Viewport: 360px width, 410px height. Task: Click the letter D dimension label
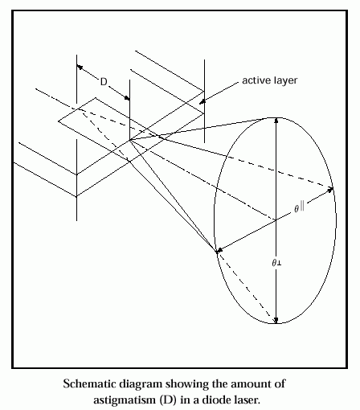(104, 81)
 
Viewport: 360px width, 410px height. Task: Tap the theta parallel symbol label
(299, 207)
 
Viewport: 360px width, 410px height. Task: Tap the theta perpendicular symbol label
(276, 263)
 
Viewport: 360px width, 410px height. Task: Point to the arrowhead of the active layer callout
(202, 102)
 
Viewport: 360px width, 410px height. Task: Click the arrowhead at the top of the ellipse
(276, 121)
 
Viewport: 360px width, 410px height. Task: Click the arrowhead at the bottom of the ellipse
(276, 321)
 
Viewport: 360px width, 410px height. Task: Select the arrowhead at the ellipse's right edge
(330, 190)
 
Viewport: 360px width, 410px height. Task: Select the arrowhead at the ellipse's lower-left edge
(219, 251)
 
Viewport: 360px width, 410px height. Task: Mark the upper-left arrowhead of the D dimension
(80, 67)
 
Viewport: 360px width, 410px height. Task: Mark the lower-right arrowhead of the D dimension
(127, 98)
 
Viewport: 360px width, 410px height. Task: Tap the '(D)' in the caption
(168, 400)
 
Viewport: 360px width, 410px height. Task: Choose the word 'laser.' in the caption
(247, 400)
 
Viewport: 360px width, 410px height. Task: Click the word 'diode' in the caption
(216, 400)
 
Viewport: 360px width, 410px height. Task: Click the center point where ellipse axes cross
(276, 220)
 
